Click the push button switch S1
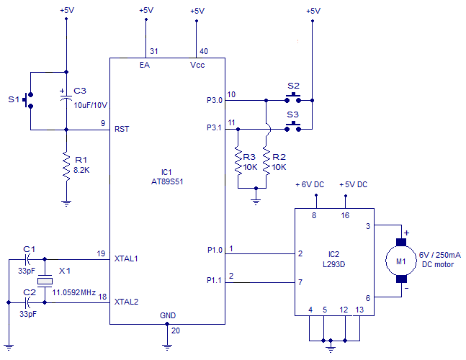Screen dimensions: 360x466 [x=30, y=101]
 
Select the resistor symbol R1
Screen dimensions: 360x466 [x=66, y=165]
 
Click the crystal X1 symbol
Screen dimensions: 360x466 [x=45, y=279]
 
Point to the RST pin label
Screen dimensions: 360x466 [x=122, y=130]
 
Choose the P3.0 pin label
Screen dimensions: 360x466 [x=215, y=101]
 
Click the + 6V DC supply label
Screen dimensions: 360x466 [x=311, y=185]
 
